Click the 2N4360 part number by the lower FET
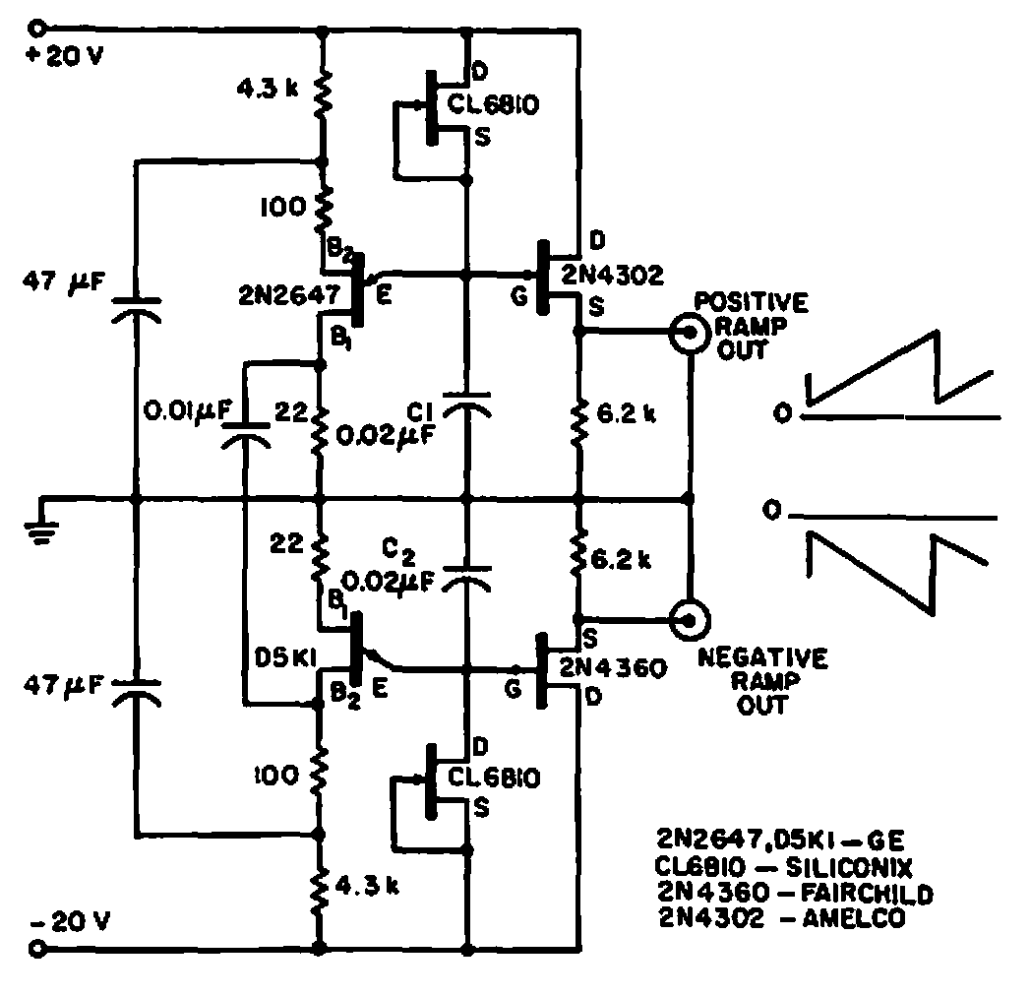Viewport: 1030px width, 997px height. tap(614, 668)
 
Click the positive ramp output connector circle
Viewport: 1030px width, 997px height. tap(689, 334)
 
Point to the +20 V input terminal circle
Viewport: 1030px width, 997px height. tap(39, 29)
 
